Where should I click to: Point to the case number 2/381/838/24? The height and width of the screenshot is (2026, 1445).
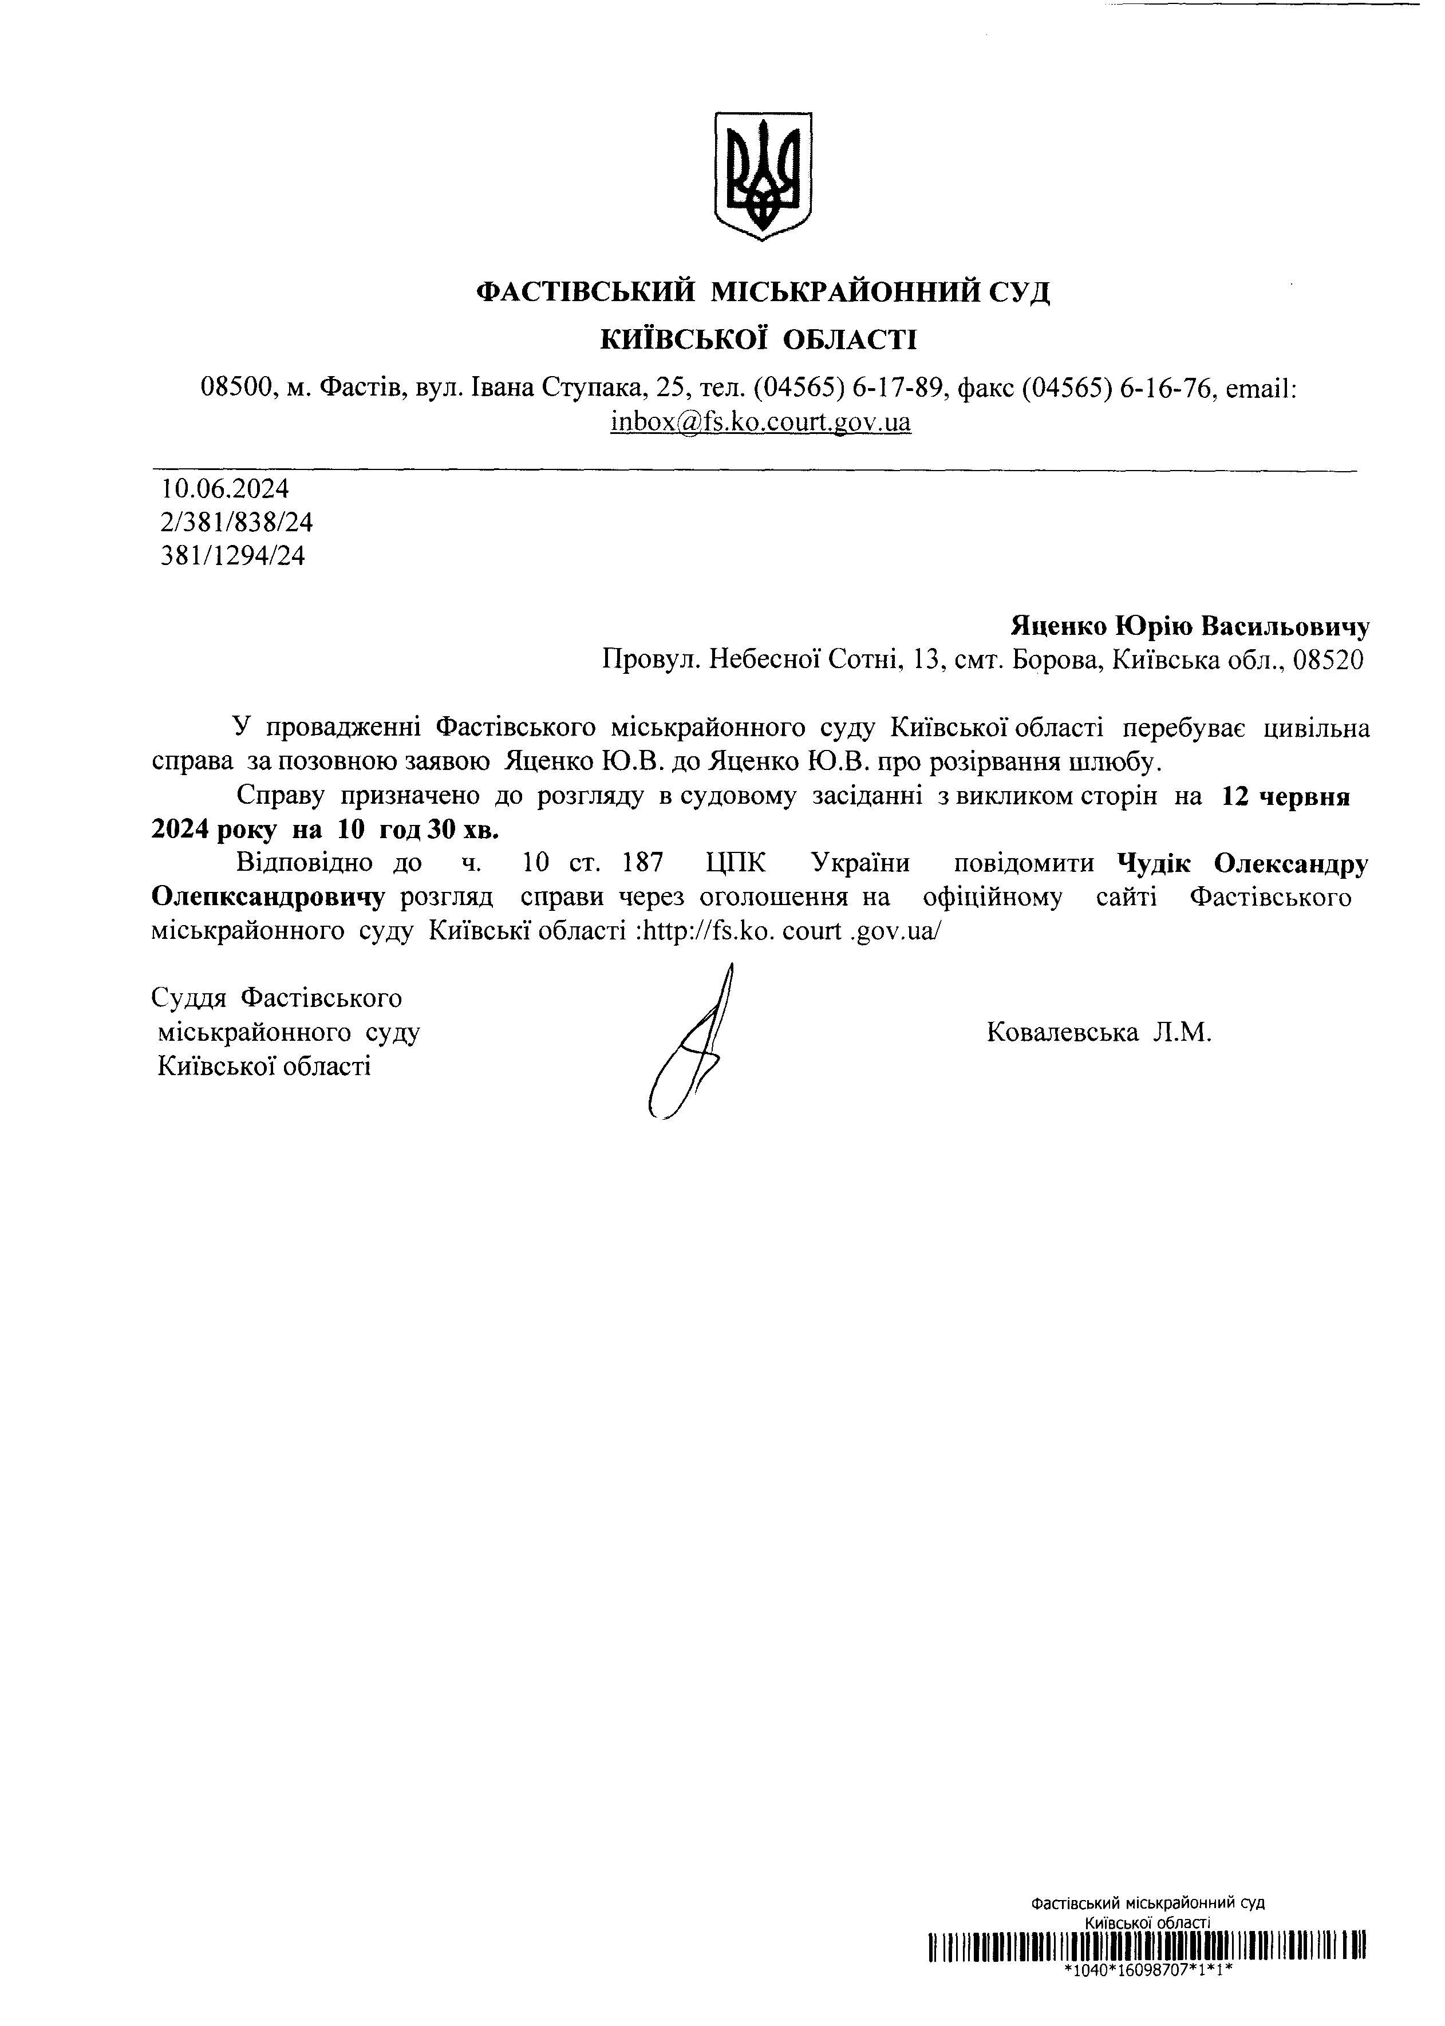point(236,522)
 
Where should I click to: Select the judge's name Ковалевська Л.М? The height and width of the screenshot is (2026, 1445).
point(1099,1032)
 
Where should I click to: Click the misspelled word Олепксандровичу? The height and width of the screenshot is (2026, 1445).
point(268,897)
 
